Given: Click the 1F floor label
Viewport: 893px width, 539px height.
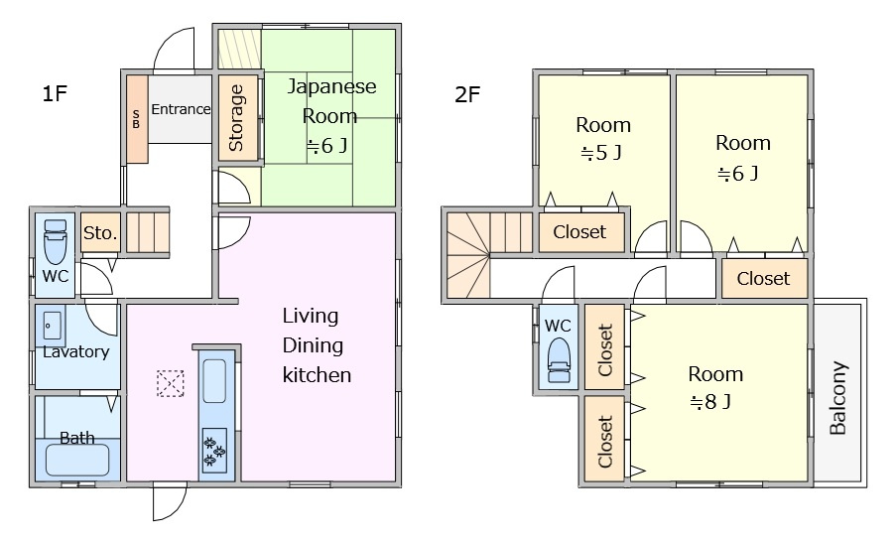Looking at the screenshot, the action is point(56,93).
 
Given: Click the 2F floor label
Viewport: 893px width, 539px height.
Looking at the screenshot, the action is point(467,94).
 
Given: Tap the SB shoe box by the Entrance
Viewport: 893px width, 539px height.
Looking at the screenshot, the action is point(137,119).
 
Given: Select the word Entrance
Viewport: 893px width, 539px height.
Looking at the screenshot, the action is point(181,109).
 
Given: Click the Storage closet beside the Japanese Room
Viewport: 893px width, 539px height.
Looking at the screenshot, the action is point(238,118).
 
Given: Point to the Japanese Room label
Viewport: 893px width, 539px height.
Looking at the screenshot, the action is point(330,101).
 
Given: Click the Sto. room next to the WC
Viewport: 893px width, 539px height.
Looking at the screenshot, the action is point(100,232).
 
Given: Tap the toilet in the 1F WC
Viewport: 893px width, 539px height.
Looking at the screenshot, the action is point(56,240).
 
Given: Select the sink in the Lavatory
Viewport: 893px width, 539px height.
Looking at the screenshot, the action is point(51,326).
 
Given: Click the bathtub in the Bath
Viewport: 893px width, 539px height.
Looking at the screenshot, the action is point(77,461).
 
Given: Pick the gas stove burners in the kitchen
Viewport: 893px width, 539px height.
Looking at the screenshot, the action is point(214,450).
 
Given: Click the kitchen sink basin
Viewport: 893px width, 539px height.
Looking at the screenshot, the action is point(214,380).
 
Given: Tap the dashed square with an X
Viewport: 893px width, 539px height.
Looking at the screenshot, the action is point(171,383).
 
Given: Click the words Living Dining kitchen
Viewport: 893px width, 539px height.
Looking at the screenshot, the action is point(317,345).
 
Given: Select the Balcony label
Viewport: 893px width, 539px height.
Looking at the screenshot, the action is point(838,398).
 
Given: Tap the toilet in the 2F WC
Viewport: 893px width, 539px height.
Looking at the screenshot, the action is point(559,361).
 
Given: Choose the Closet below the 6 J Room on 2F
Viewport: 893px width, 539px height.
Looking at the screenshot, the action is point(764,278).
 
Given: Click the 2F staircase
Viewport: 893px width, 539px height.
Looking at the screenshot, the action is point(489,255).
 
